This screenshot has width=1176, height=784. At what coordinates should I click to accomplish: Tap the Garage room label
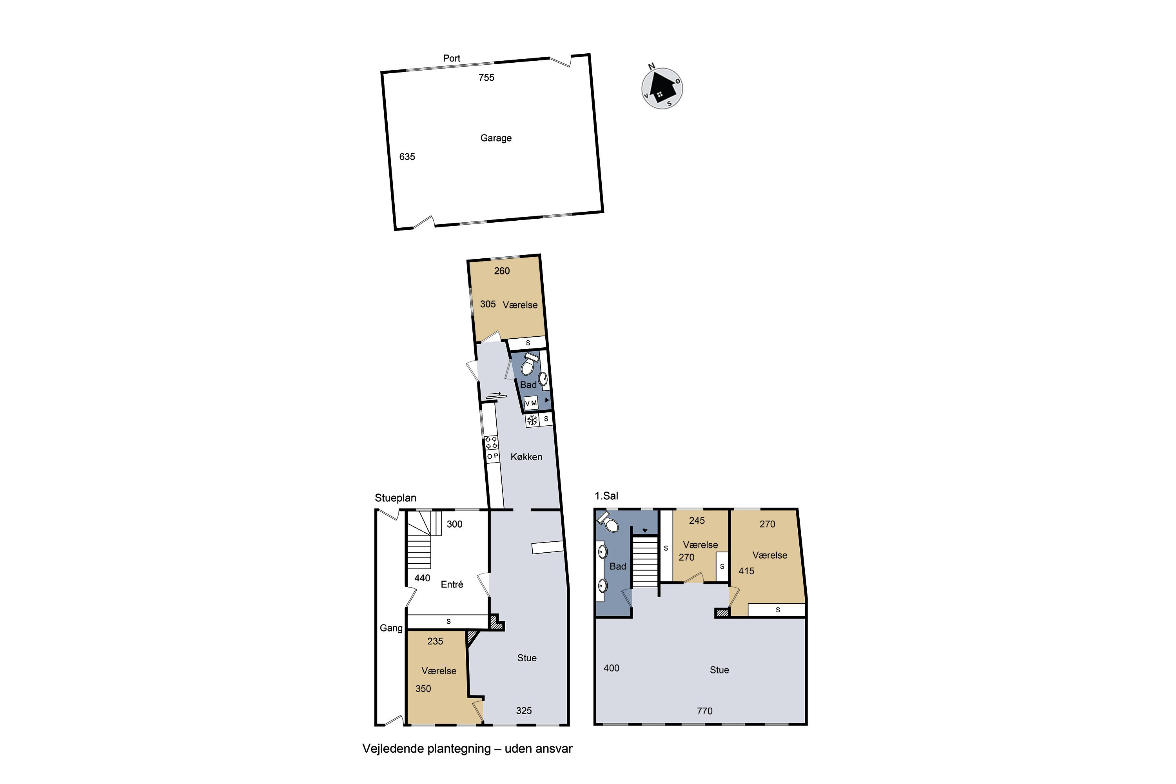point(495,138)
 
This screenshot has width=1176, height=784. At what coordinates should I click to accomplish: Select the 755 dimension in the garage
point(486,78)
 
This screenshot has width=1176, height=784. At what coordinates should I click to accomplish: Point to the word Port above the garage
point(451,58)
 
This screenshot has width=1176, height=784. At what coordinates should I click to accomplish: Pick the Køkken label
point(526,457)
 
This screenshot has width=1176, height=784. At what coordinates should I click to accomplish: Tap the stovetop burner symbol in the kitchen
point(491,443)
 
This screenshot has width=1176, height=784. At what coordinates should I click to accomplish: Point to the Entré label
point(452,584)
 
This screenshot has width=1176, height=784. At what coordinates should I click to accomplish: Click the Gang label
point(390,628)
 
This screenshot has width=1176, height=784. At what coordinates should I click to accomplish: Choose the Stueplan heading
point(395,498)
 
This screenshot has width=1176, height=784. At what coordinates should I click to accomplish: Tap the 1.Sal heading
point(606,496)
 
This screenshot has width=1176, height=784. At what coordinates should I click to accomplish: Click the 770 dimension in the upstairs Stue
point(704,711)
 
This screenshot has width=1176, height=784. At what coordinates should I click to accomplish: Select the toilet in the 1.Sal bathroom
point(608,521)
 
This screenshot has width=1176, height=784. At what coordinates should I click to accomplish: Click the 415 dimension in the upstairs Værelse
point(746,571)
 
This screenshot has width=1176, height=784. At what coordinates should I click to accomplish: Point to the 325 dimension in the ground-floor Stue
point(523,711)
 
